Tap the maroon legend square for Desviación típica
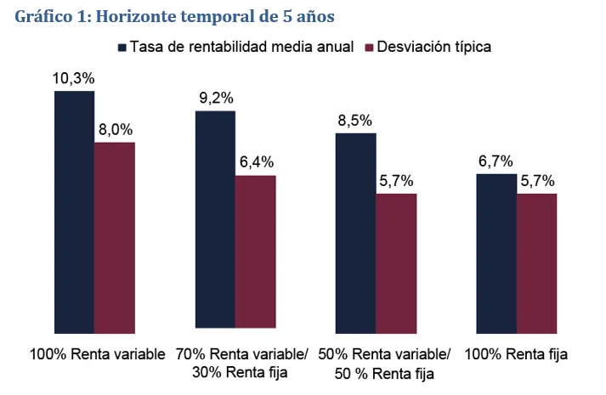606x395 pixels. coord(370,47)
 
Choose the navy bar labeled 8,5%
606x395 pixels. coord(355,231)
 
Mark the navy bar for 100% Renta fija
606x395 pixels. coord(496,252)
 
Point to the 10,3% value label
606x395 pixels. coord(73,77)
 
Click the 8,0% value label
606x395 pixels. coord(114,130)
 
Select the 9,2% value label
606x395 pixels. coord(215,99)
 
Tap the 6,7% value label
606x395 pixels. coord(496,161)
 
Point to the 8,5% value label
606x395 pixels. coord(355,120)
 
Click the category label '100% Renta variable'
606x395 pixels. coord(97,353)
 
